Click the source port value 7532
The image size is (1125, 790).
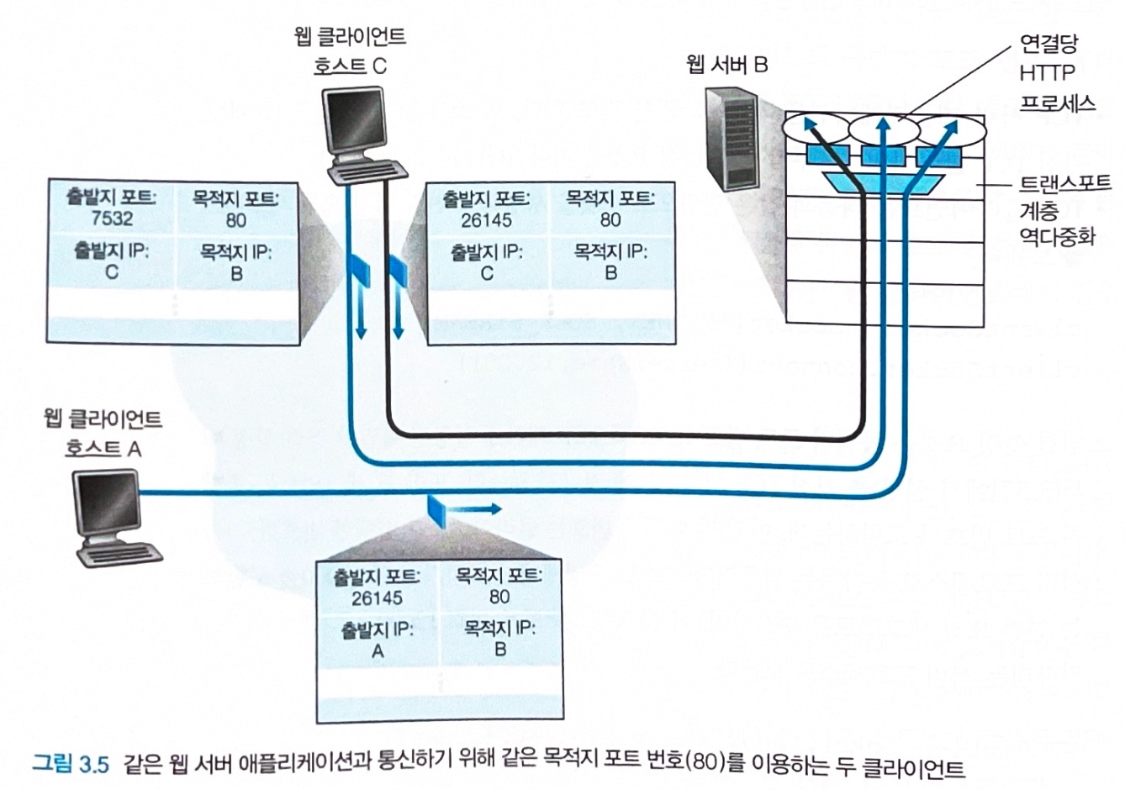point(113,220)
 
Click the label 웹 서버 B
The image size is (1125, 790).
point(726,65)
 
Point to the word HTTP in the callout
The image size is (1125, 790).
point(1047,73)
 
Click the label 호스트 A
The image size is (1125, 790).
point(103,449)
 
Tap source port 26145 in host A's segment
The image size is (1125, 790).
point(378,598)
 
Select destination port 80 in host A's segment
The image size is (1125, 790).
point(499,597)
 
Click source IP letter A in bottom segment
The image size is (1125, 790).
point(378,650)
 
